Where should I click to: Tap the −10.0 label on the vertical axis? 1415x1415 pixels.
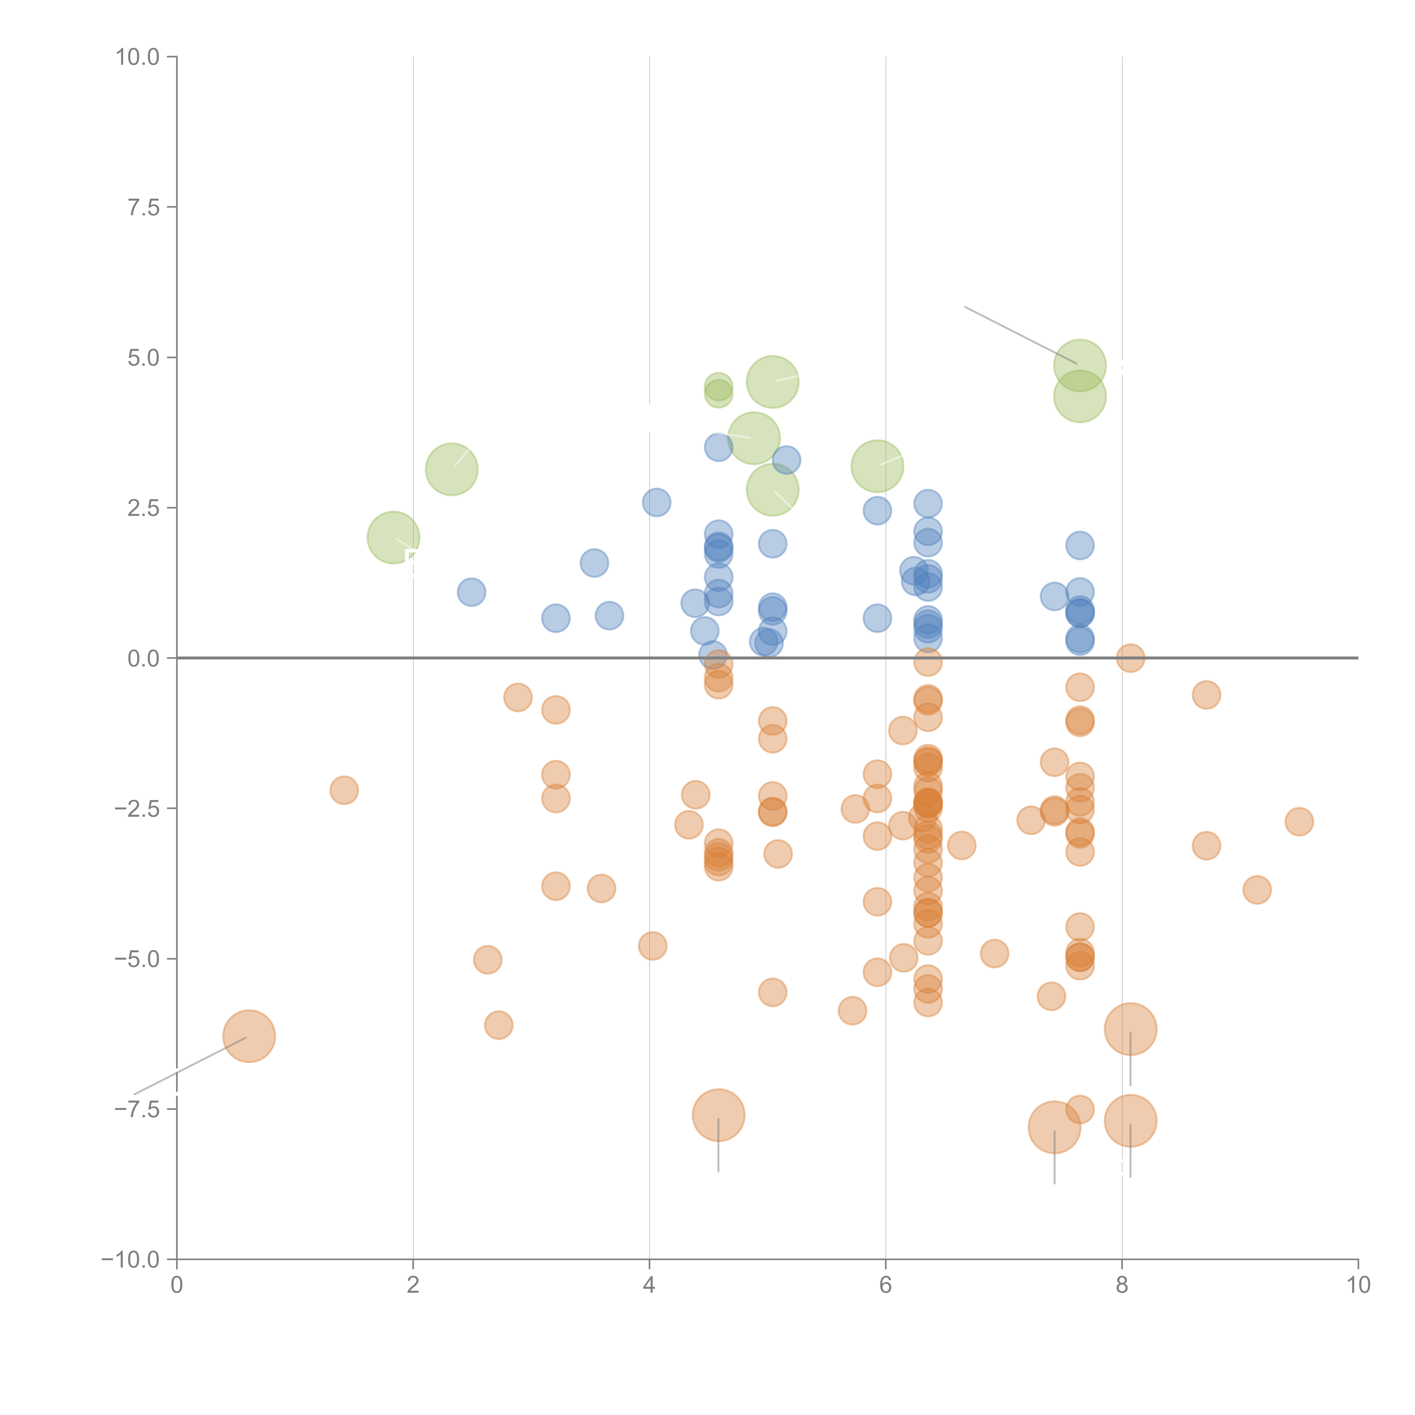click(x=130, y=1260)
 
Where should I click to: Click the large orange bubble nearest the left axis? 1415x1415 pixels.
click(x=249, y=1035)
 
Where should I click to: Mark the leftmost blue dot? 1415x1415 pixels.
click(x=472, y=592)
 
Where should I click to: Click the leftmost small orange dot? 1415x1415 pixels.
click(x=344, y=790)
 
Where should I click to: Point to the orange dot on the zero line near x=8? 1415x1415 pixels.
click(x=1130, y=658)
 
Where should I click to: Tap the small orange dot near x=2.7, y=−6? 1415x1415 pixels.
click(x=498, y=1025)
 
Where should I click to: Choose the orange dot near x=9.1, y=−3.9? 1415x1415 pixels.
click(x=1257, y=890)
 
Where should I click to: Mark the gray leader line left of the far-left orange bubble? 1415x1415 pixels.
click(x=190, y=1066)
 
